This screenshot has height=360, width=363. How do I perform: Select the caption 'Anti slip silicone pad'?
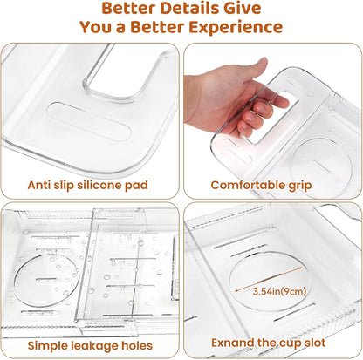point(88,185)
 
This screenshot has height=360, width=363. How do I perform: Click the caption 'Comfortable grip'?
point(261,185)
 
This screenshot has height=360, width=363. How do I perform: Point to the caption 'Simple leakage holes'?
point(90,345)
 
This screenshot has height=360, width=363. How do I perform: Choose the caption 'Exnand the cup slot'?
point(268,343)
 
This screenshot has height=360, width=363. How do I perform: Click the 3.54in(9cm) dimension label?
point(279,291)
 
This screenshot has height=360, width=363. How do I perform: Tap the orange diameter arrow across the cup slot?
point(268,279)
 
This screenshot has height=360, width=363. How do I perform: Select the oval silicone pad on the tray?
point(89,121)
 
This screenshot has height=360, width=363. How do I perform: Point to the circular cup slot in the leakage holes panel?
point(46,281)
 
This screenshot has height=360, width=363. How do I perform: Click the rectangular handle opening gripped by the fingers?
point(272,118)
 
